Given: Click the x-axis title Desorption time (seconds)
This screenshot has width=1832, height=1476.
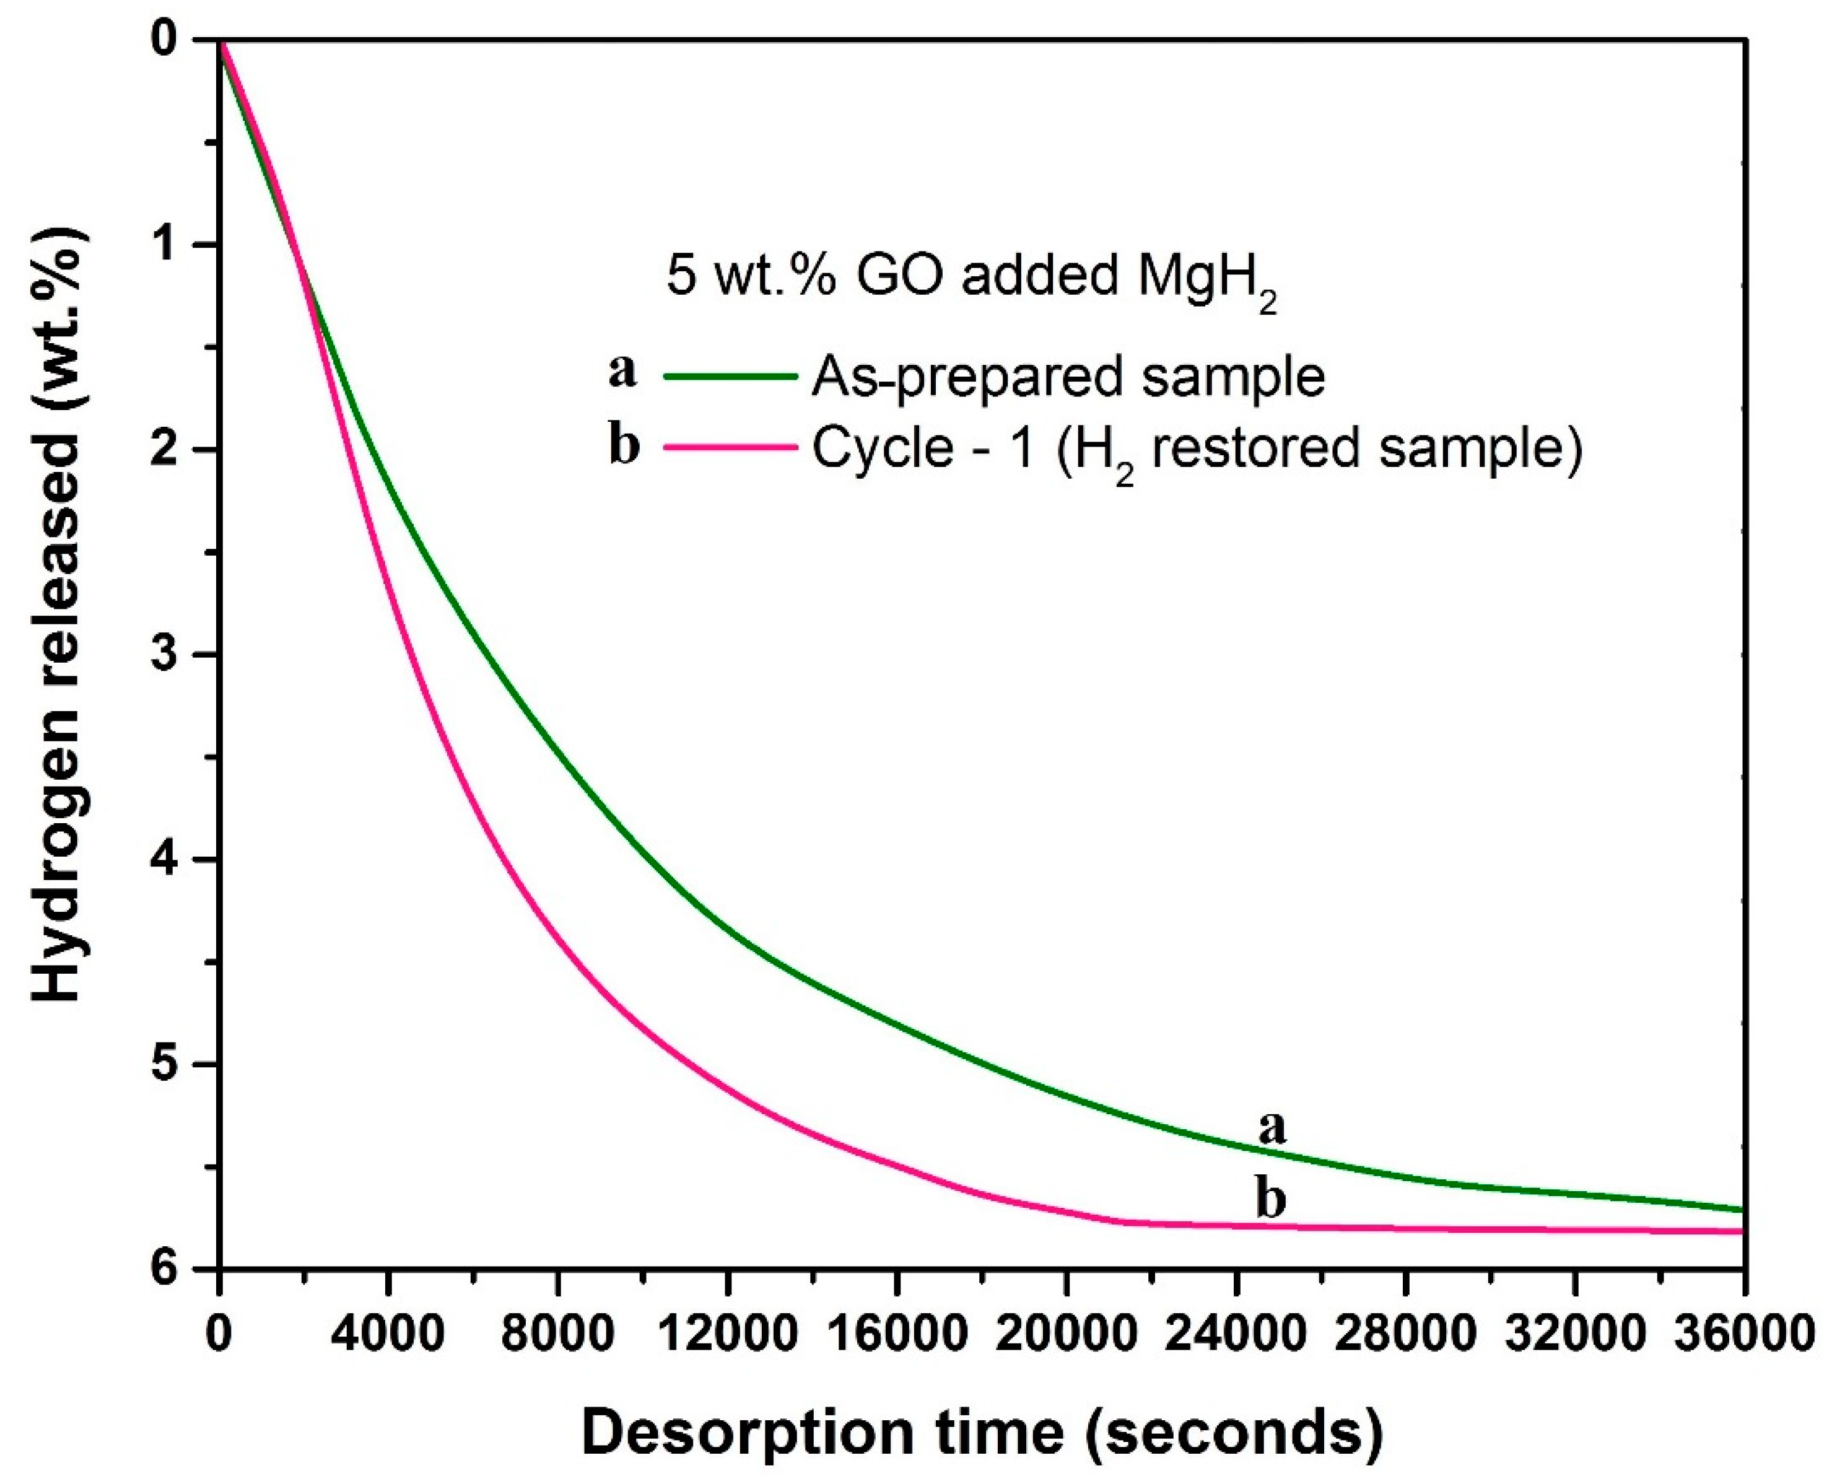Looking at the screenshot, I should (x=982, y=1433).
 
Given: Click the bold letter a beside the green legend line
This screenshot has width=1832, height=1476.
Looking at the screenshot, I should (x=622, y=370).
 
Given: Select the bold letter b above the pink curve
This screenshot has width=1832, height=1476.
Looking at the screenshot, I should (x=1270, y=1199).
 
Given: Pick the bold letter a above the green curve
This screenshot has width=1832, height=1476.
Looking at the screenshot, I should (x=1271, y=1129).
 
